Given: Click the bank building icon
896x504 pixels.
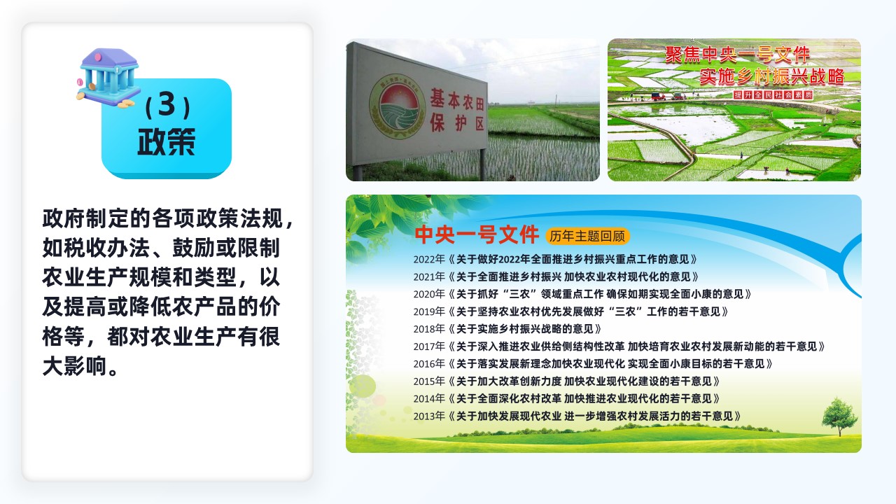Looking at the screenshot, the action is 108,78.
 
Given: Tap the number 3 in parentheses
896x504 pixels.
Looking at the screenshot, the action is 167,105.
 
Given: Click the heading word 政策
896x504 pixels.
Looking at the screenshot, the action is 167,141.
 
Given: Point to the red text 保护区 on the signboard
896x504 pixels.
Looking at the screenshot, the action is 457,122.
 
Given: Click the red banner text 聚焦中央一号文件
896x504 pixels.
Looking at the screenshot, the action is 737,55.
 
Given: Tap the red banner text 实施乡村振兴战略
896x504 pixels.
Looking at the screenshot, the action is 772,76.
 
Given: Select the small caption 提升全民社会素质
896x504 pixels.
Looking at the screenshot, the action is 773,94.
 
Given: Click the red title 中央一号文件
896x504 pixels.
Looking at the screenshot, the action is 477,234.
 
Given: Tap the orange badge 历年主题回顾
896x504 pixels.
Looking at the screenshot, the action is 587,237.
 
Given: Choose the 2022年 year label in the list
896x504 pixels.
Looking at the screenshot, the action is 429,260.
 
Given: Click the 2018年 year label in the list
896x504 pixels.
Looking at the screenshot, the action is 429,329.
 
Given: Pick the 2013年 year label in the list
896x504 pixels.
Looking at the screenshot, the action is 429,416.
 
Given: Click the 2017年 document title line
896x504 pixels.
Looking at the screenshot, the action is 636,346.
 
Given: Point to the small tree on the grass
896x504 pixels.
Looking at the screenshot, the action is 839,416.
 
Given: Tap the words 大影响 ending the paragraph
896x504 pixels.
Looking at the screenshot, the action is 75,366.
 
